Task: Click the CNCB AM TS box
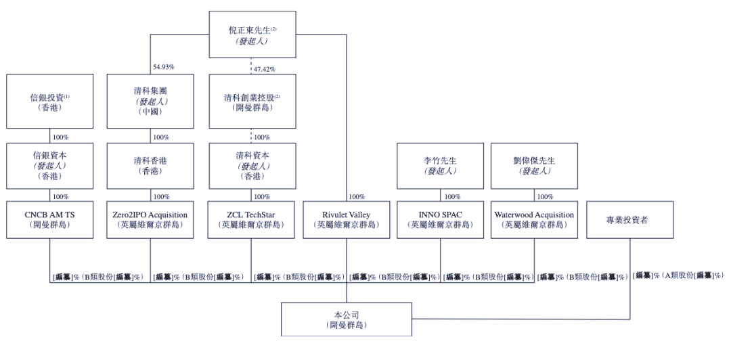pos(50,219)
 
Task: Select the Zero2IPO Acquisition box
pos(151,219)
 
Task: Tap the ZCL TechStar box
pos(252,219)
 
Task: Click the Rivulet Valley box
pos(347,219)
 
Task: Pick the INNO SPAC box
pos(441,219)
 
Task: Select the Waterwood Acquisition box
pos(535,219)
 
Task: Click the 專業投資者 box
pos(629,219)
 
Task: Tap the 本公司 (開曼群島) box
pos(347,319)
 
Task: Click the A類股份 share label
pos(678,275)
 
